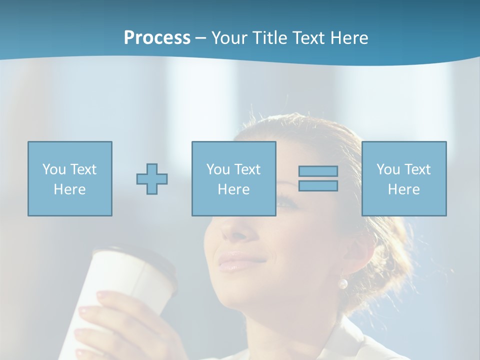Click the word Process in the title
click(157, 38)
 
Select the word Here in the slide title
click(348, 38)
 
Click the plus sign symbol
click(152, 179)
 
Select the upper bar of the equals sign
click(318, 171)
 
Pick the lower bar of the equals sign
click(318, 185)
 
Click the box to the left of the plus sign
click(70, 179)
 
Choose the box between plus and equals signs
click(234, 179)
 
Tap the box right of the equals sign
click(404, 179)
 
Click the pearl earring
click(343, 284)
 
